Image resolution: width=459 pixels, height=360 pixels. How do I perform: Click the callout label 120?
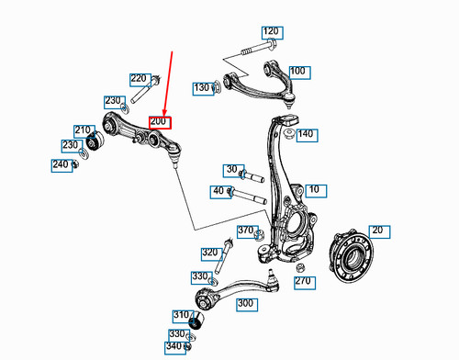pyautogui.click(x=271, y=32)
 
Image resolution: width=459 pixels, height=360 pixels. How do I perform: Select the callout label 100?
pyautogui.click(x=297, y=71)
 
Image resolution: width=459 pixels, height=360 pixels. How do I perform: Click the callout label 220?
pyautogui.click(x=139, y=79)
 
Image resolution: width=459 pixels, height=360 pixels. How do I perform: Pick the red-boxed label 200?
pyautogui.click(x=159, y=121)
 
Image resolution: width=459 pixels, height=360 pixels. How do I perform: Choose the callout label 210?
pyautogui.click(x=84, y=130)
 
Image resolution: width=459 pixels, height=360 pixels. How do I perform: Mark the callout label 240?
pyautogui.click(x=62, y=165)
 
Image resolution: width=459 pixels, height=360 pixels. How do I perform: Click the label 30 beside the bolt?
pyautogui.click(x=231, y=169)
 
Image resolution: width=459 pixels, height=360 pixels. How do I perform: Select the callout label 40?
pyautogui.click(x=218, y=191)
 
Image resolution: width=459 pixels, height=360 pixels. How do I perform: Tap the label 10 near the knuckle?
pyautogui.click(x=315, y=190)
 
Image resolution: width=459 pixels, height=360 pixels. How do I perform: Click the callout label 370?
pyautogui.click(x=246, y=231)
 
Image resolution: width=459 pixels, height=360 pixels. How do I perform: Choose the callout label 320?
pyautogui.click(x=210, y=252)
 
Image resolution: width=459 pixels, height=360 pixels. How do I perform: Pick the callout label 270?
pyautogui.click(x=303, y=282)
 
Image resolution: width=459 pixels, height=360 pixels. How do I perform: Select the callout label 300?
pyautogui.click(x=245, y=303)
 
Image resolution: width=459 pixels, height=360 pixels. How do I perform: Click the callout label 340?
pyautogui.click(x=175, y=347)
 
